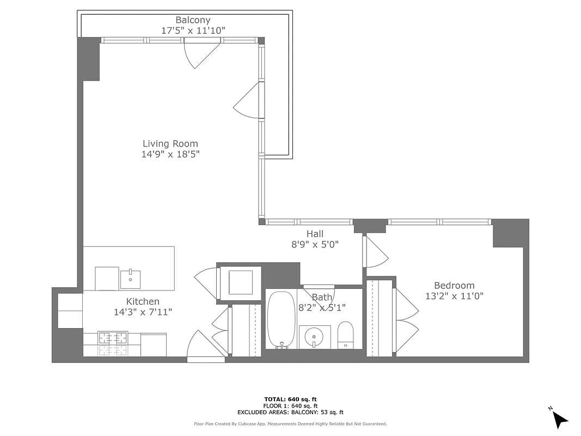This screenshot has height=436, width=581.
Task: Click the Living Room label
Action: pyautogui.click(x=170, y=144)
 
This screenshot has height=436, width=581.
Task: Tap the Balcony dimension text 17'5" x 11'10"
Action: pyautogui.click(x=193, y=31)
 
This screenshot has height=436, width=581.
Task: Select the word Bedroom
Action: pyautogui.click(x=454, y=286)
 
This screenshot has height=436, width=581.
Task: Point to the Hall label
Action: pyautogui.click(x=315, y=234)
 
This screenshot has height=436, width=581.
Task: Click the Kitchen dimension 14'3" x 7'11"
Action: pyautogui.click(x=143, y=312)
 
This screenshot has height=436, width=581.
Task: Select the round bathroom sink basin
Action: pyautogui.click(x=315, y=337)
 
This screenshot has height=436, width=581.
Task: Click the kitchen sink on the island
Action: pyautogui.click(x=130, y=279)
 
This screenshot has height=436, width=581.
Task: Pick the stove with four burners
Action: pyautogui.click(x=113, y=344)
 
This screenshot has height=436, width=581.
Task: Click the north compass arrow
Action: pyautogui.click(x=559, y=418)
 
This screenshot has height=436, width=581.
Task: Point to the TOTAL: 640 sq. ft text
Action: pyautogui.click(x=290, y=399)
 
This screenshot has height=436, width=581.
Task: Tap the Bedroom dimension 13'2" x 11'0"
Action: pyautogui.click(x=454, y=296)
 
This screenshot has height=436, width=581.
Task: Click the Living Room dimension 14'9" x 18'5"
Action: pyautogui.click(x=170, y=154)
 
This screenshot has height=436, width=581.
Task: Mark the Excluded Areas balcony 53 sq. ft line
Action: pyautogui.click(x=290, y=413)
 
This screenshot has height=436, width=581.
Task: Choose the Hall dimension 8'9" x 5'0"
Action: pyautogui.click(x=315, y=245)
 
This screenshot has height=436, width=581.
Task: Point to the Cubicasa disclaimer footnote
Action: pyautogui.click(x=290, y=423)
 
